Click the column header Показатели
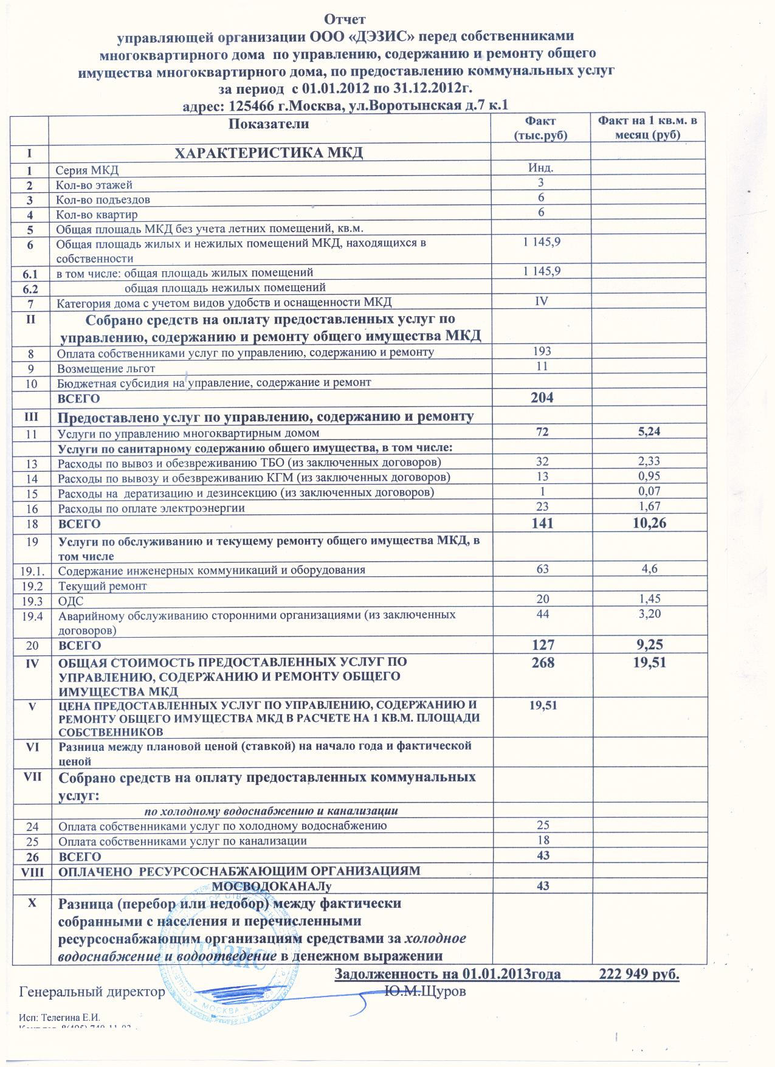click(269, 124)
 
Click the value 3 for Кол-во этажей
click(540, 182)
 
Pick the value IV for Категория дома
click(540, 301)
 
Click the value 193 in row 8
click(541, 351)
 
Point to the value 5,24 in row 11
click(646, 432)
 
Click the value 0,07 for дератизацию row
click(646, 491)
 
